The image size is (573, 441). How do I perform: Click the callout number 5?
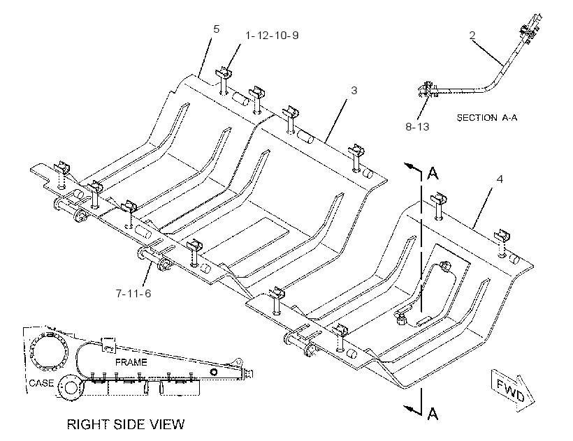click(217, 29)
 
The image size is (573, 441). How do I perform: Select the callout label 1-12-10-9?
click(272, 36)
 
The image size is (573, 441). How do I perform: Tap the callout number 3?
click(354, 90)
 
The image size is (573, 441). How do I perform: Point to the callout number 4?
click(500, 179)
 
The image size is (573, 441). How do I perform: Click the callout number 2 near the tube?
click(472, 35)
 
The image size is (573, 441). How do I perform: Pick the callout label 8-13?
click(417, 126)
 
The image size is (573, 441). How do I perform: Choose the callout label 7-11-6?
click(133, 293)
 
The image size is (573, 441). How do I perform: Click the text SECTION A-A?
click(487, 117)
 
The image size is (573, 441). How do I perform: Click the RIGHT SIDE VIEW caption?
click(126, 424)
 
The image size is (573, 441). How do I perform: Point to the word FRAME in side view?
click(131, 362)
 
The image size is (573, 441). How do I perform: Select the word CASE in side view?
click(41, 383)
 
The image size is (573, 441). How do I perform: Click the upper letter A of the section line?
click(433, 174)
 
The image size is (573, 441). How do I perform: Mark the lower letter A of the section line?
click(433, 414)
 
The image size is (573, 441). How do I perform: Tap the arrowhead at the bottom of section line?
click(410, 410)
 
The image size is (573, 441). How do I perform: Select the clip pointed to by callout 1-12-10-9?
click(224, 73)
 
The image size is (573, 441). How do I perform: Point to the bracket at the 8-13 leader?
click(426, 89)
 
